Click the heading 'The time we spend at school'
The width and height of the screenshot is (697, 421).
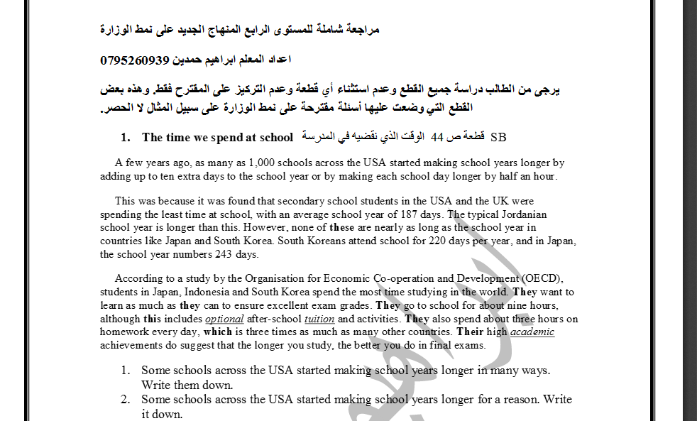(217, 137)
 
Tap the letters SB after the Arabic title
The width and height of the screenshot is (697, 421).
(498, 137)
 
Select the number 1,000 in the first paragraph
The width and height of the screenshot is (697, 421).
(264, 163)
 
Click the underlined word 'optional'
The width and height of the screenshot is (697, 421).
(224, 319)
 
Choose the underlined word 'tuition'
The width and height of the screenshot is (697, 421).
(319, 319)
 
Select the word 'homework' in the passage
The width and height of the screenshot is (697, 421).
(125, 332)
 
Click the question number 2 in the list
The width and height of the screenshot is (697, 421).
(125, 400)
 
